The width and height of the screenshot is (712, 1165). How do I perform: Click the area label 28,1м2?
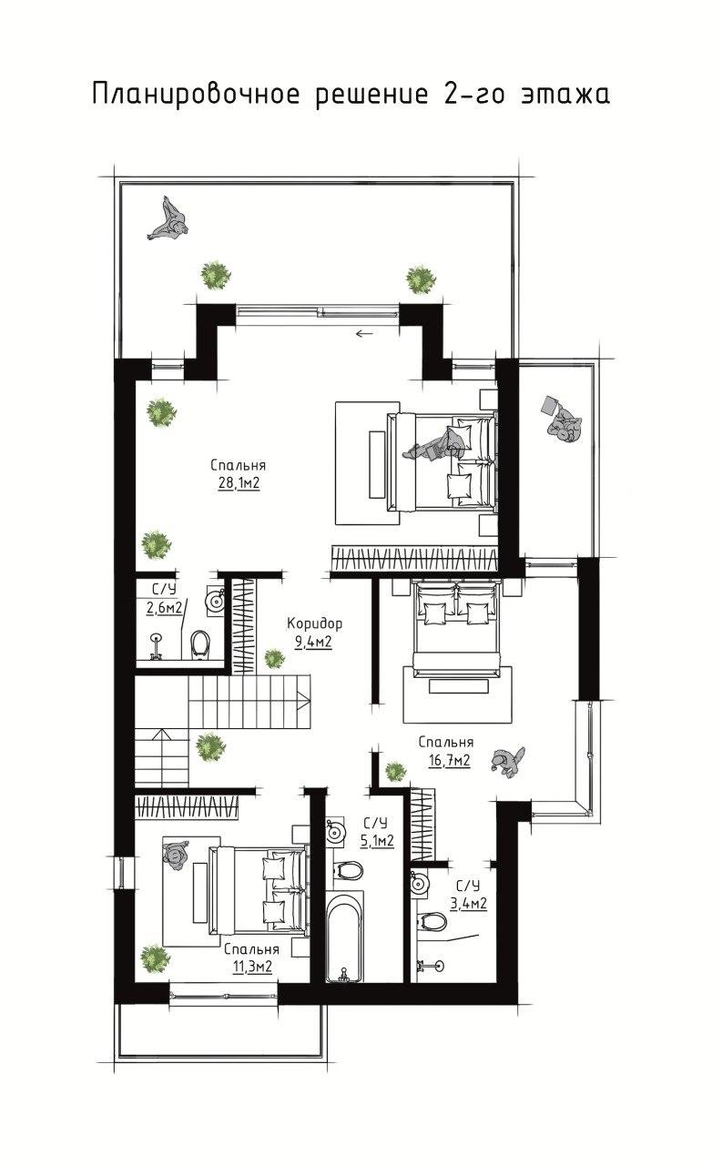tap(239, 483)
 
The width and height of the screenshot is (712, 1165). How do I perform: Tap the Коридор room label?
tap(315, 623)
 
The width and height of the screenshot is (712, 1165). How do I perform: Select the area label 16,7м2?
tap(450, 761)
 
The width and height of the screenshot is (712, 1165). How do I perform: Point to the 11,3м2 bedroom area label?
tap(252, 967)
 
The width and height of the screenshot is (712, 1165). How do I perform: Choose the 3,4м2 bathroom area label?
tap(469, 904)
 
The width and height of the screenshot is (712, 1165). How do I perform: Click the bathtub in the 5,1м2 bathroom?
tap(343, 936)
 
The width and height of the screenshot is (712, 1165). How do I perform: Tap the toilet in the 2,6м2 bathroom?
tap(200, 644)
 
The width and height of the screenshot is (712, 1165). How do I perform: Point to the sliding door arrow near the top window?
tap(365, 333)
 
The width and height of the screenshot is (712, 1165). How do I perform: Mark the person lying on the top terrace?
tap(168, 219)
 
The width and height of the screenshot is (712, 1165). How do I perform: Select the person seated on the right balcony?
tap(561, 420)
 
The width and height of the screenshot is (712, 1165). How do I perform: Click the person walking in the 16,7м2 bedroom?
tap(507, 762)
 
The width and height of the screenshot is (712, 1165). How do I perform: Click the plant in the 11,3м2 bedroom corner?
tap(155, 957)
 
